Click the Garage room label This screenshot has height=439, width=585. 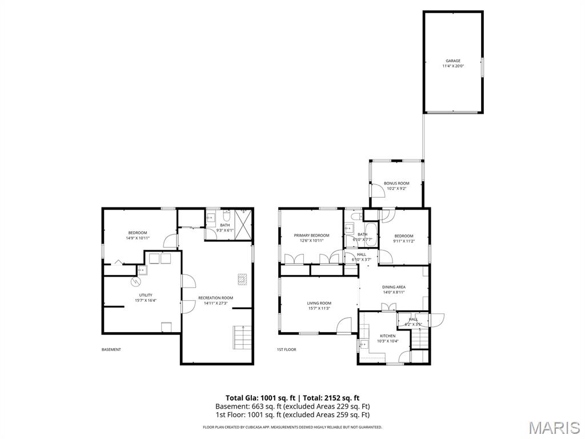pos(452,63)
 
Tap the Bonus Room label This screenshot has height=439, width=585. pos(396,186)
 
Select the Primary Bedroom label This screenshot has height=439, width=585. pos(311,238)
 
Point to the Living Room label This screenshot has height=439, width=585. pos(319,306)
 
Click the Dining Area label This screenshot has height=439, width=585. pos(394,289)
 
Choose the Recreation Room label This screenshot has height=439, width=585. pos(215,300)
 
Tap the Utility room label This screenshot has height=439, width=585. pos(146,297)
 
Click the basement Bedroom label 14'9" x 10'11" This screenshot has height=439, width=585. pos(137,235)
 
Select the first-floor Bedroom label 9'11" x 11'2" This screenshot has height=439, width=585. pos(403,238)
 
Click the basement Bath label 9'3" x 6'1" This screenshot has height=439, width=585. pos(225,228)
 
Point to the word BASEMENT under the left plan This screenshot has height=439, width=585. pos(111,349)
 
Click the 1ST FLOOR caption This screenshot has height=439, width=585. pos(286,349)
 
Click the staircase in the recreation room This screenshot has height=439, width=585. pos(242,337)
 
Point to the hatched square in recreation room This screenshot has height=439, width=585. pos(243,278)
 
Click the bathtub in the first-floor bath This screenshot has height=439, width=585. pos(370,235)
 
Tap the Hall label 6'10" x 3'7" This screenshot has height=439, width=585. pos(361,257)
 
